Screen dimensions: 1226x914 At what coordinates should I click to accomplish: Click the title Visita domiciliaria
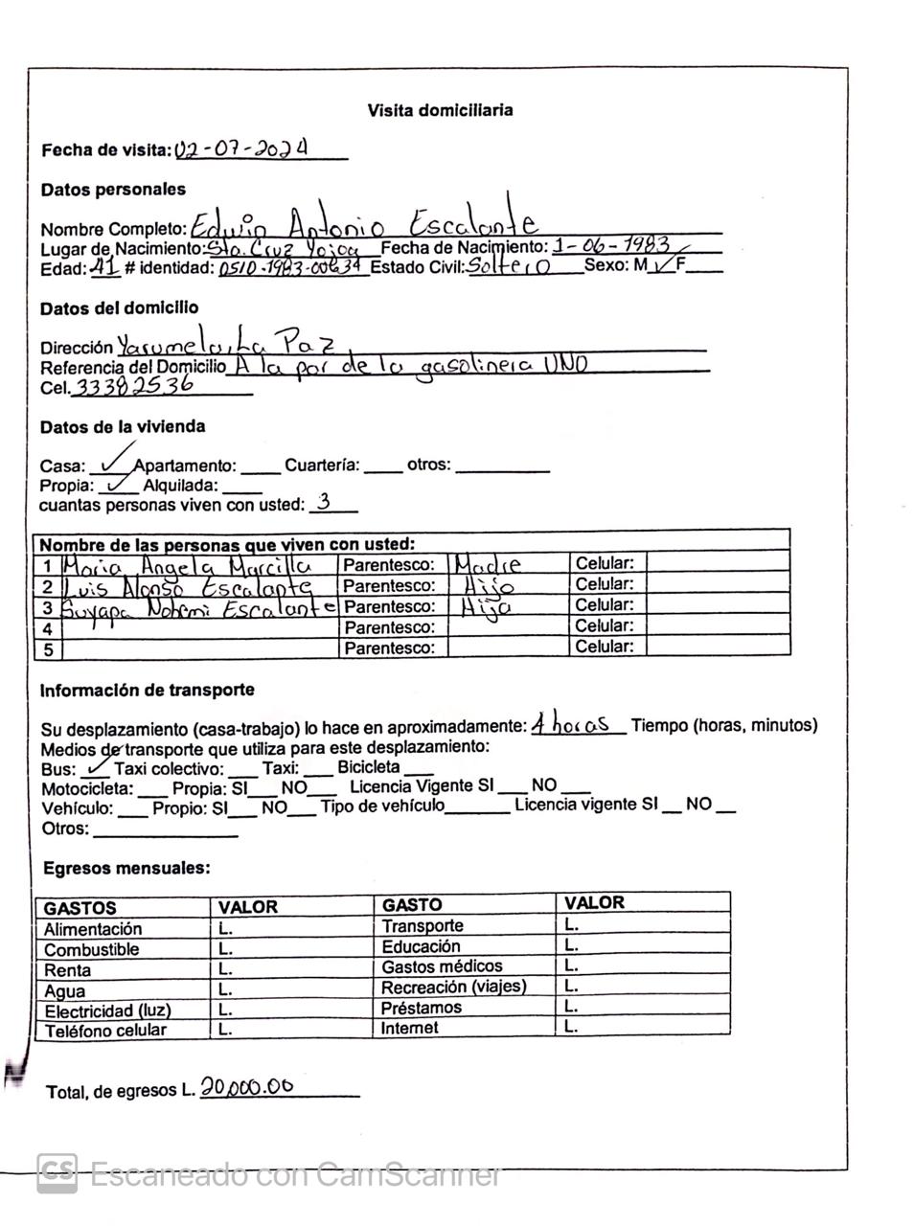click(x=440, y=110)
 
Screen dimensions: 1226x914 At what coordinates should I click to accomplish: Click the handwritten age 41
click(x=104, y=267)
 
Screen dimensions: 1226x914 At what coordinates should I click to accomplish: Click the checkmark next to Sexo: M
click(x=661, y=265)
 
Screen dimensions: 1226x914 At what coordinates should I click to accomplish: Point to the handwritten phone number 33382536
click(x=133, y=385)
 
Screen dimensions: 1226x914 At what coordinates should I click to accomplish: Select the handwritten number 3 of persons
click(x=324, y=502)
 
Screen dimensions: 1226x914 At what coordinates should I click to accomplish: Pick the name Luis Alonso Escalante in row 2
click(x=188, y=586)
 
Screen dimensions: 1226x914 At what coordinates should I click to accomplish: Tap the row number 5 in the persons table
click(x=48, y=648)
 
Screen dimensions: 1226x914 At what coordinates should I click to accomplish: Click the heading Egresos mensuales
click(x=126, y=869)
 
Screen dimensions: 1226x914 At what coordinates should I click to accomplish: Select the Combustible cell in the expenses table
click(x=92, y=949)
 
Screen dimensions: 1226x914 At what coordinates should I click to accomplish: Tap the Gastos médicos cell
click(x=442, y=966)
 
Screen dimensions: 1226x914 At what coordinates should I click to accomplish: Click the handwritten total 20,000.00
click(x=247, y=1088)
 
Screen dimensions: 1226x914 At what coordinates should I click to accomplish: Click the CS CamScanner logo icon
click(x=57, y=1172)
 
